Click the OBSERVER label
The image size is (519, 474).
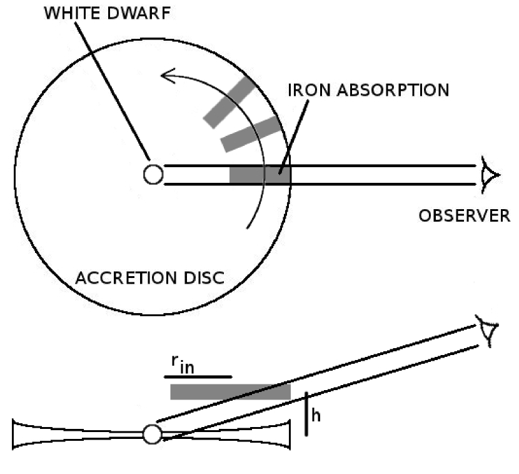point(463,217)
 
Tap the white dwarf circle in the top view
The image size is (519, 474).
point(153,174)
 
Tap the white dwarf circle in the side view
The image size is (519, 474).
point(152,434)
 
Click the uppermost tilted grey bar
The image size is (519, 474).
point(229,103)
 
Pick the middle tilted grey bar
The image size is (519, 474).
point(251,133)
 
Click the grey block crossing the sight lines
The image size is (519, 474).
point(259,175)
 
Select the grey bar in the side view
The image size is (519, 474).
point(230,392)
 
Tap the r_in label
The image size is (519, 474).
point(181,364)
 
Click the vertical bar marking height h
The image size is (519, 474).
point(306,413)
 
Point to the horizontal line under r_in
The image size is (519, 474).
point(198,377)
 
